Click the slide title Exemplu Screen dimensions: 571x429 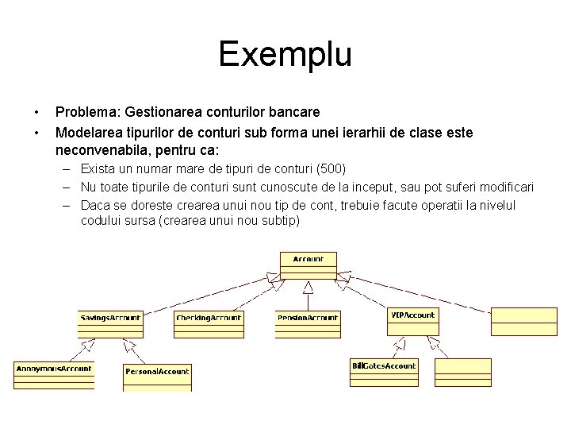285,55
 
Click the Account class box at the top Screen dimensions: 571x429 308,265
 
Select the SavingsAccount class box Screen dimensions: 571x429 110,323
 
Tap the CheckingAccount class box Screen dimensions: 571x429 208,323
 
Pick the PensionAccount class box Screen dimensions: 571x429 307,323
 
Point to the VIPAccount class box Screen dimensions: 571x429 412,321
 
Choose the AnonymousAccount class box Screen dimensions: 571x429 54,374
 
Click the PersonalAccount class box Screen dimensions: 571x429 157,377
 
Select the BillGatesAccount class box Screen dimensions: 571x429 384,372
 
